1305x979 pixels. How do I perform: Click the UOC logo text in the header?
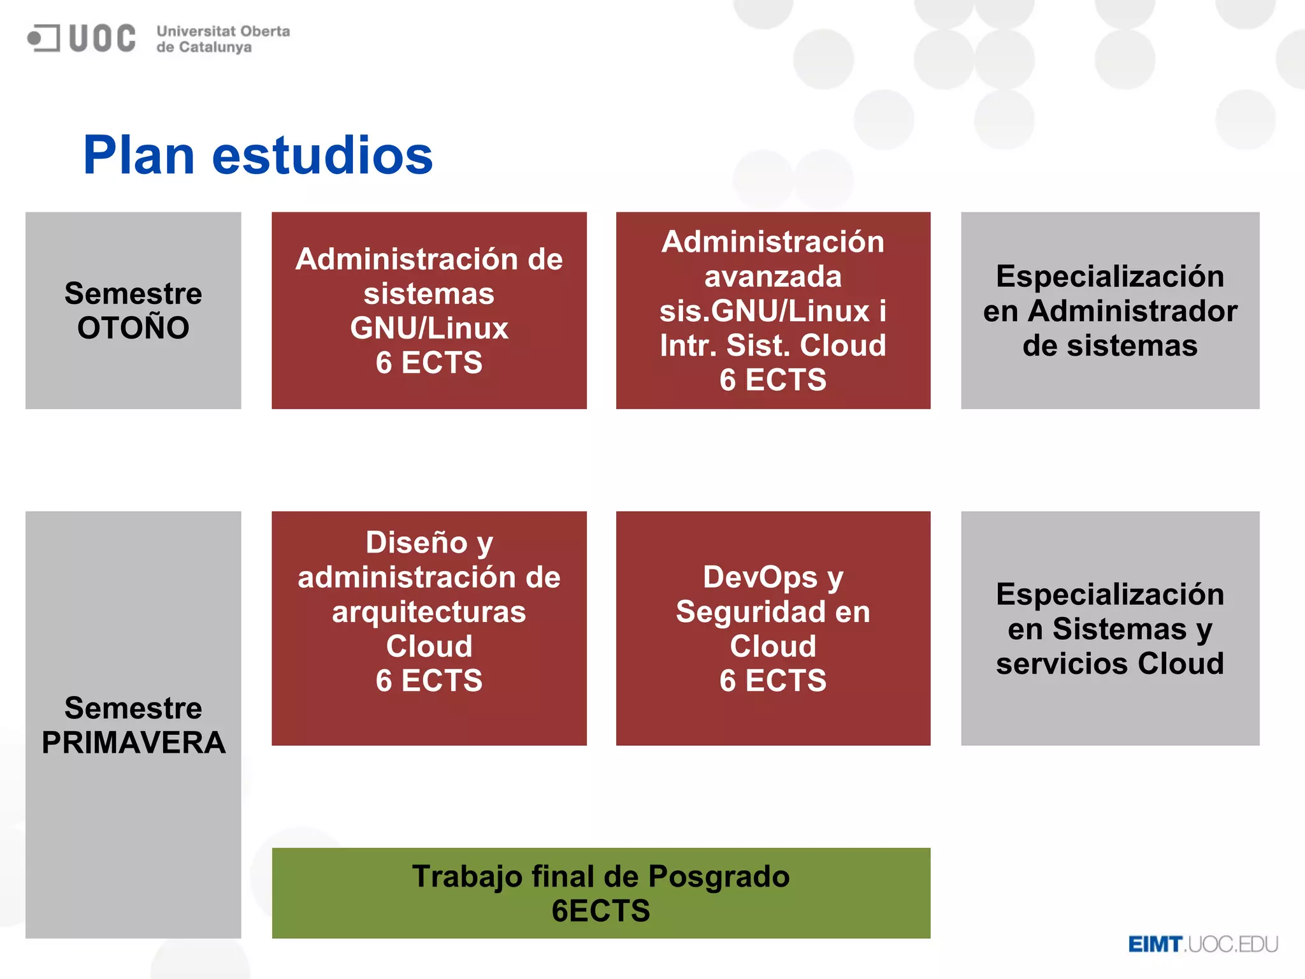coord(102,38)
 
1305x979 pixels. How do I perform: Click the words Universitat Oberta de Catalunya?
coord(223,39)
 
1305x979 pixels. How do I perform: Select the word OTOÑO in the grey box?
coord(133,328)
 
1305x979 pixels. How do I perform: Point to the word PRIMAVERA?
coord(133,743)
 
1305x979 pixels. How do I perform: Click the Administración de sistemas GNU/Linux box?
coord(429,310)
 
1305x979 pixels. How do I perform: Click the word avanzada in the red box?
coord(773,277)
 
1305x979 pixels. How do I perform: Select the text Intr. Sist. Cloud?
coord(773,345)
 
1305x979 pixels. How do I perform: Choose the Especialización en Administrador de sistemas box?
coord(1110,310)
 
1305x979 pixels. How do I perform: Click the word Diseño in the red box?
coord(416,543)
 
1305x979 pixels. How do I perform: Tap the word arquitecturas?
coord(429,612)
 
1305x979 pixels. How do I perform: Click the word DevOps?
coord(761,577)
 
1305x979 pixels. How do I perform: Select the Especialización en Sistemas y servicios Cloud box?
coord(1110,628)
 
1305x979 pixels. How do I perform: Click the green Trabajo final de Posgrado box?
coord(601,892)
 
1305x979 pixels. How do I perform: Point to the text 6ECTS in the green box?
coord(601,911)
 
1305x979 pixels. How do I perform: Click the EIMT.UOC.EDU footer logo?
coord(1203,944)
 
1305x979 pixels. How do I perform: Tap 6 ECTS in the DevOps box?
coord(773,681)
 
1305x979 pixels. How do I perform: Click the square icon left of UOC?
coord(43,38)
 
